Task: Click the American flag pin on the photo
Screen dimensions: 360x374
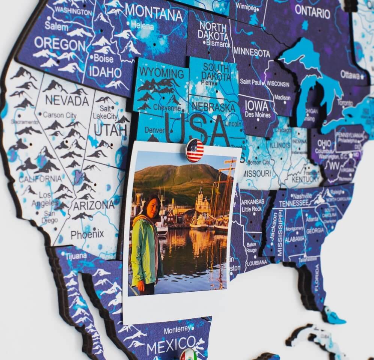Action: pyautogui.click(x=195, y=150)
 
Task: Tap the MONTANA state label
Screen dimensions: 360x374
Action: pyautogui.click(x=154, y=14)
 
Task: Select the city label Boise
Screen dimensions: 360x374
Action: pyautogui.click(x=103, y=59)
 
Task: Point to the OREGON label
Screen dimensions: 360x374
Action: pyautogui.click(x=60, y=44)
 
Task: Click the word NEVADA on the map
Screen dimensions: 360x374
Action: pyautogui.click(x=67, y=101)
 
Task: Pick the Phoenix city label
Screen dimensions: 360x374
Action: pyautogui.click(x=87, y=235)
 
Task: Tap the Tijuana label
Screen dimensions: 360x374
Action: pyautogui.click(x=76, y=257)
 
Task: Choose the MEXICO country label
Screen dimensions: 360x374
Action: pyautogui.click(x=171, y=345)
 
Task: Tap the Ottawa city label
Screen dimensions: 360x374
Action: pyautogui.click(x=350, y=74)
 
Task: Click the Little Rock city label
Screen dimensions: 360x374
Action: pyautogui.click(x=252, y=209)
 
